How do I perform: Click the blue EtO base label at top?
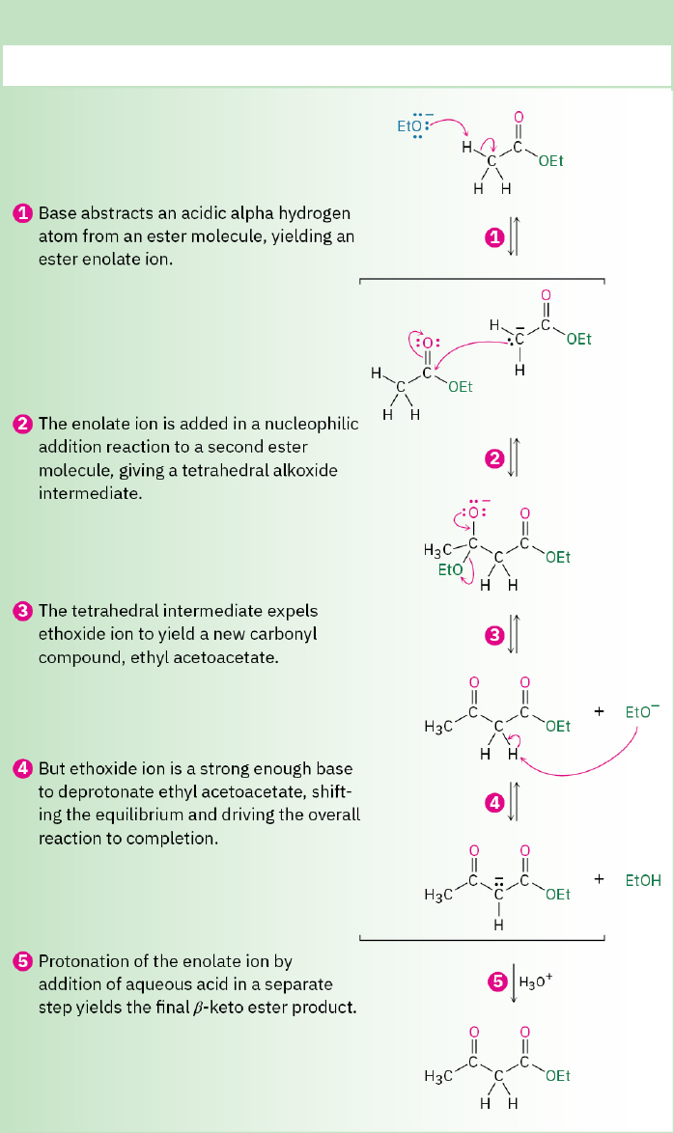(x=409, y=126)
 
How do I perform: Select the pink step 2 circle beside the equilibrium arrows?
(x=494, y=458)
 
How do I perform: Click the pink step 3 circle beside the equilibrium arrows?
(x=494, y=635)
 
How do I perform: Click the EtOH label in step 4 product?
(x=643, y=880)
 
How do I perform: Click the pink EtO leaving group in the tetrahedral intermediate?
(x=450, y=570)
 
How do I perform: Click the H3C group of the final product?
(x=438, y=1075)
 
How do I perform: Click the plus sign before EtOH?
(x=600, y=879)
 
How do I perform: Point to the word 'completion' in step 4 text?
(x=178, y=839)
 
